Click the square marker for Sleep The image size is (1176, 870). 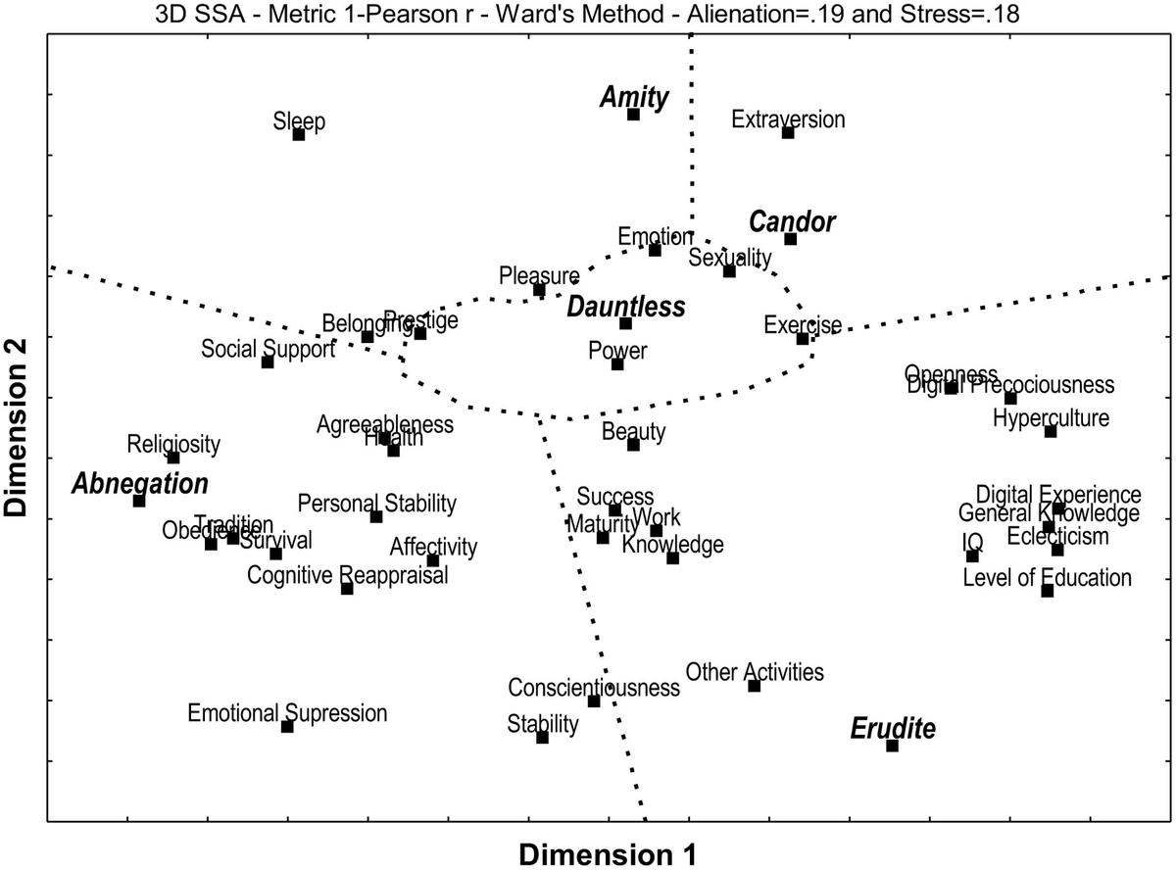point(299,134)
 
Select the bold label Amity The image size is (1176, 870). point(634,97)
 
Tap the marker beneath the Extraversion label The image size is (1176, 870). point(788,132)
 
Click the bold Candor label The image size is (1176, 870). point(792,222)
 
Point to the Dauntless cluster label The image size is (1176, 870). point(625,307)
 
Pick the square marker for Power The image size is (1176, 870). point(617,364)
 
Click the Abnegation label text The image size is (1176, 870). point(140,484)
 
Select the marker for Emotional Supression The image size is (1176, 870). point(287,726)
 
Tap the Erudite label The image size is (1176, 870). point(892,729)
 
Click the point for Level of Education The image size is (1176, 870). point(1047,591)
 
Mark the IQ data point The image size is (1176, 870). point(972,556)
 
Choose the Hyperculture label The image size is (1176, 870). point(1051,418)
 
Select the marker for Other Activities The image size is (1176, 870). point(754,686)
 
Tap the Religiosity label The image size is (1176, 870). point(173,444)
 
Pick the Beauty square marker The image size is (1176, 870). point(633,445)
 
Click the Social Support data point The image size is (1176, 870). point(268,362)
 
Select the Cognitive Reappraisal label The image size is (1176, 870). point(347,575)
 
